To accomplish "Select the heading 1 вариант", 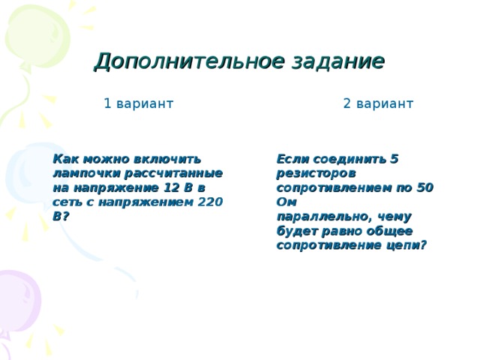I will coord(139,103).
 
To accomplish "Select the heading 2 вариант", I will coord(378,103).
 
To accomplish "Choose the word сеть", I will coord(68,202).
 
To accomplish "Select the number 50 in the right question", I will coord(425,187).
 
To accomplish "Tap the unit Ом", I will coord(286,202).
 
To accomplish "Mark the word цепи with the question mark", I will coord(409,244).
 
